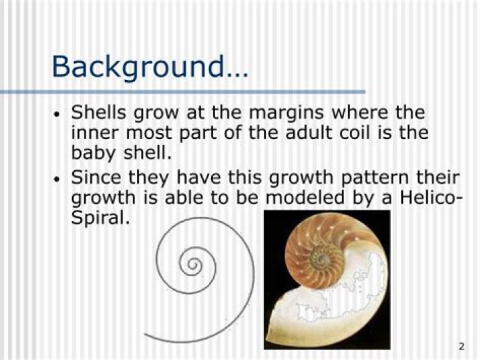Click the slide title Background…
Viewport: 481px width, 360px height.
[150, 67]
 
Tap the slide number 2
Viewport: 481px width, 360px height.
[462, 347]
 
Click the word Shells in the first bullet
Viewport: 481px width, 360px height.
[98, 112]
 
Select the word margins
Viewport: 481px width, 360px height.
[286, 114]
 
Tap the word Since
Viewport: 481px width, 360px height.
[96, 178]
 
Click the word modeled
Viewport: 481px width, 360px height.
[305, 198]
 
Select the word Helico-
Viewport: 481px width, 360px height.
[430, 198]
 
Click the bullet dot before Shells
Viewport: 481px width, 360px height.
[56, 115]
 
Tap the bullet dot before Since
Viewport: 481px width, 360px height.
[56, 180]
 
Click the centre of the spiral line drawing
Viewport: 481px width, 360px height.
[193, 264]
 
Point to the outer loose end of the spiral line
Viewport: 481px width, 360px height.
[144, 334]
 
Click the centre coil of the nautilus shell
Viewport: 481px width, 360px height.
[324, 259]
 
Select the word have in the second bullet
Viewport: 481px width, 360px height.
[199, 178]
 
